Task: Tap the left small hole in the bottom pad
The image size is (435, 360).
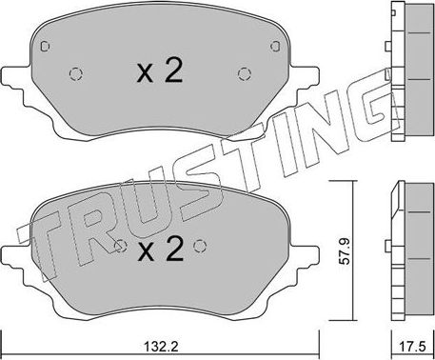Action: (x=118, y=246)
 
